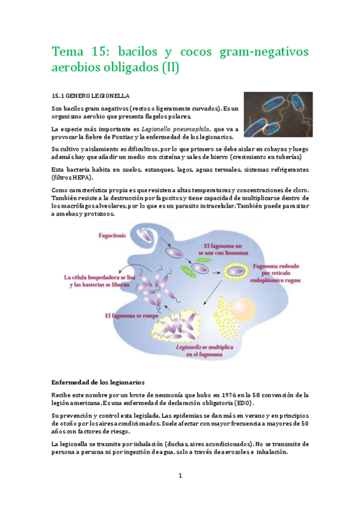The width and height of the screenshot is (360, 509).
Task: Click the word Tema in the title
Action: pos(70,52)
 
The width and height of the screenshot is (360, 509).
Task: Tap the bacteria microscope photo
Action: pos(278,115)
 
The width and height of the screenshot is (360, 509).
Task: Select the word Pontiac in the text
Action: pos(126,137)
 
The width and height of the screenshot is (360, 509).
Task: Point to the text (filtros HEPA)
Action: pos(75,178)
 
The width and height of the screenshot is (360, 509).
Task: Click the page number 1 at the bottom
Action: pos(180,475)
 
